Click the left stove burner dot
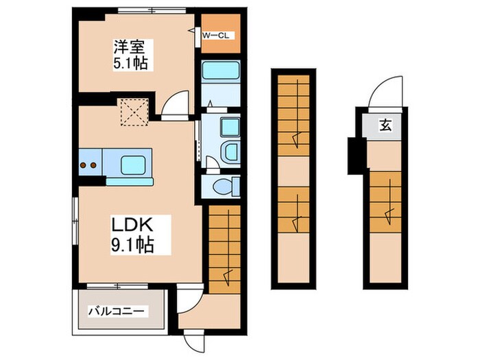pos(83,165)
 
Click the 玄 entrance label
pos(385,125)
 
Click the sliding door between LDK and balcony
pos(117,284)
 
